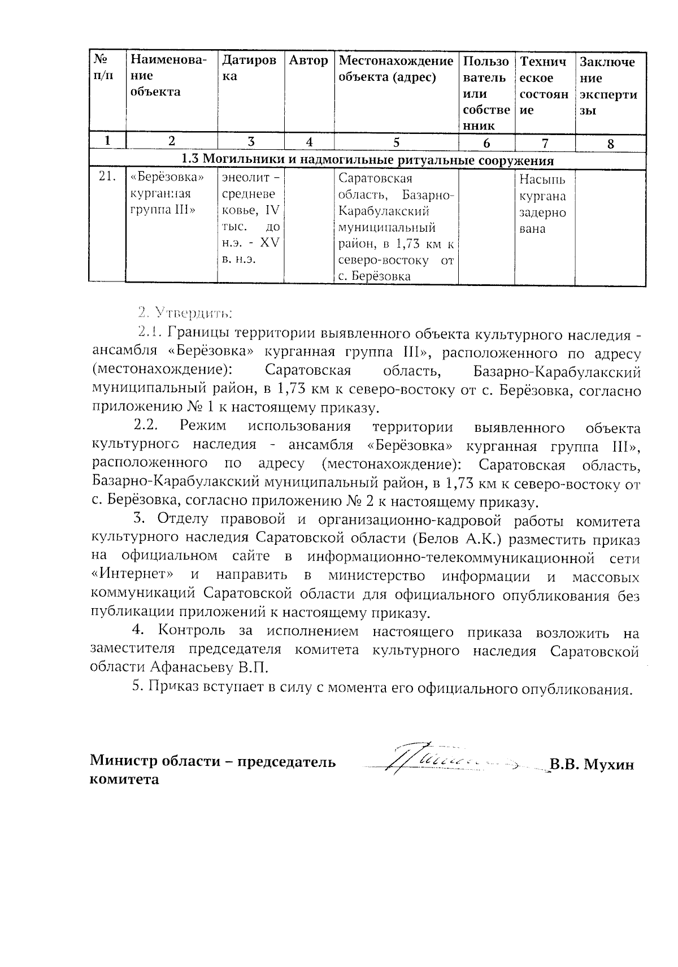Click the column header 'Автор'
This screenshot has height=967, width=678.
(308, 60)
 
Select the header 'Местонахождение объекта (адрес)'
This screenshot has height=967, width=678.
(395, 68)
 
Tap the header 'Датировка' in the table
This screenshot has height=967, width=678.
(249, 68)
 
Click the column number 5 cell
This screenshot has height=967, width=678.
(396, 142)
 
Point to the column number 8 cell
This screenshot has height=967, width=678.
(610, 144)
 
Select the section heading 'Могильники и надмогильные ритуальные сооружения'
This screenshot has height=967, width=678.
(367, 160)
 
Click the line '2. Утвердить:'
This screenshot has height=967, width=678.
(186, 311)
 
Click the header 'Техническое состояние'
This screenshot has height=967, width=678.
(544, 86)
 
